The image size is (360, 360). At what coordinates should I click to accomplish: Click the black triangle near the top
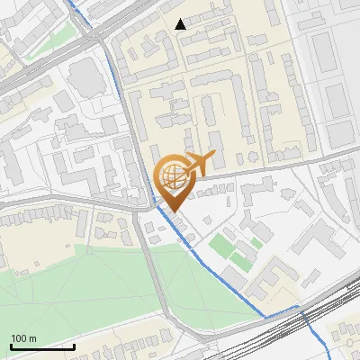pyautogui.click(x=181, y=24)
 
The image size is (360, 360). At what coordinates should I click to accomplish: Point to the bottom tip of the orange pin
pyautogui.click(x=173, y=211)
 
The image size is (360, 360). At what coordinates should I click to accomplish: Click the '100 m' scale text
pyautogui.click(x=23, y=338)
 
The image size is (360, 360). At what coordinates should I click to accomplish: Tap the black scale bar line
pyautogui.click(x=42, y=346)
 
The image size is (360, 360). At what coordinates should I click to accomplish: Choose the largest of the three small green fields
pyautogui.click(x=220, y=245)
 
